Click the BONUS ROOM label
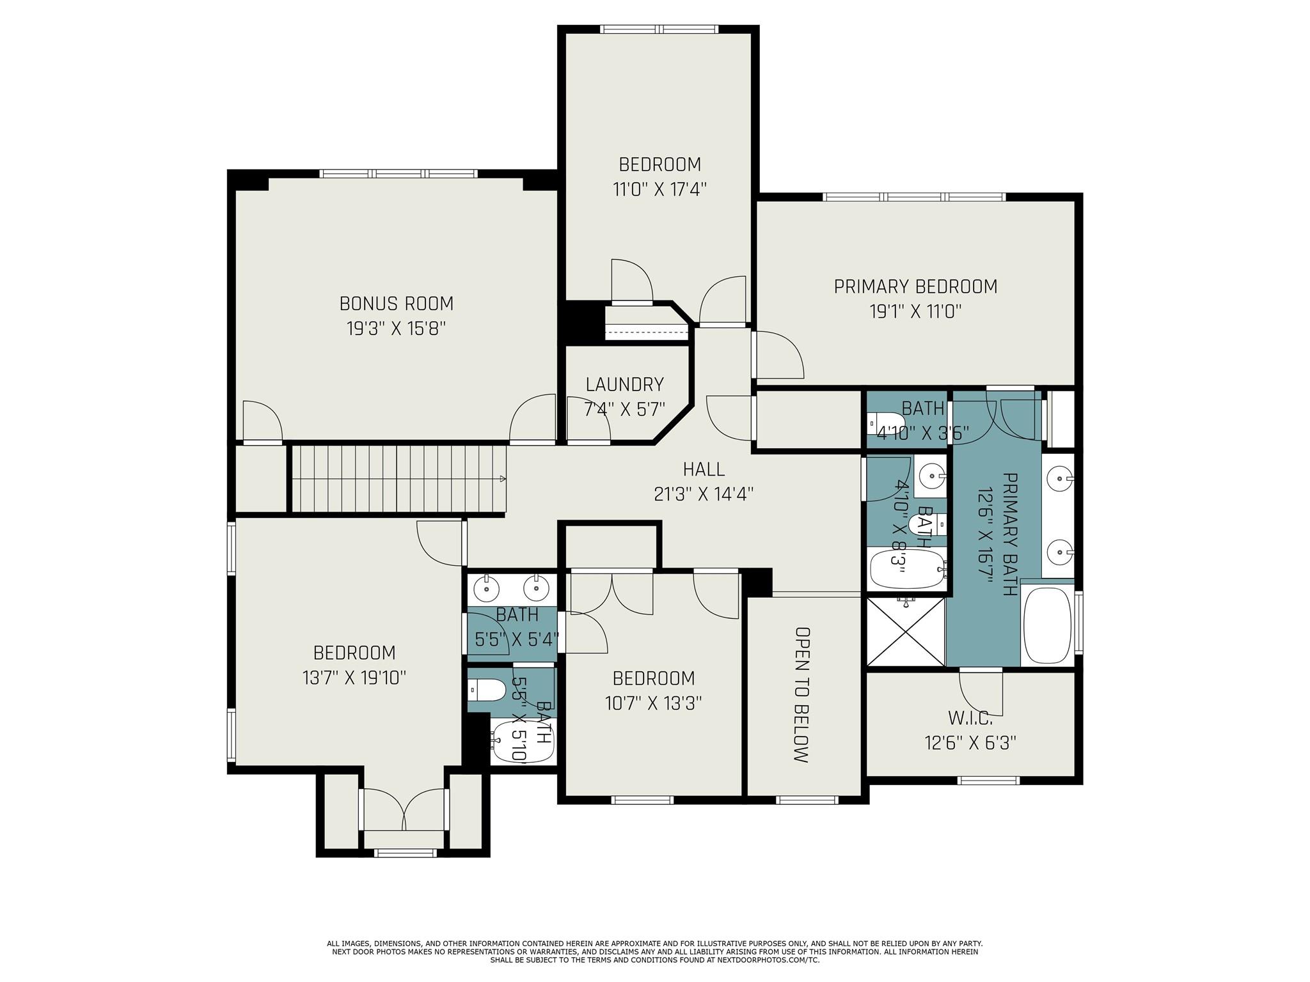coord(396,303)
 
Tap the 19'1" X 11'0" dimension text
coord(915,312)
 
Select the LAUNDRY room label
coord(624,384)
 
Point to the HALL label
coord(704,469)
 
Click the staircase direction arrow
coord(503,478)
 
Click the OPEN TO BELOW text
coord(801,694)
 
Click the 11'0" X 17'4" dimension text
coord(659,190)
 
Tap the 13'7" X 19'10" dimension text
coord(354,678)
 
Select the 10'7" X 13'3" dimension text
coord(653,703)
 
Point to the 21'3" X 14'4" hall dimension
coord(704,494)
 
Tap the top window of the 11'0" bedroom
coord(659,29)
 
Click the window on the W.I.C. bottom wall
coord(988,780)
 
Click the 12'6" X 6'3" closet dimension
coord(970,743)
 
